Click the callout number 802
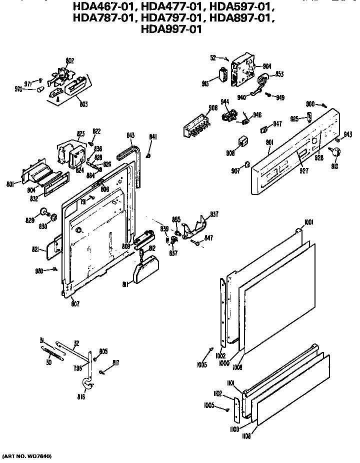(69, 60)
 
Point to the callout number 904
(267, 65)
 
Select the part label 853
(279, 74)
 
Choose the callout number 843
(130, 135)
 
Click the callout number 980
(39, 271)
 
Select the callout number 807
(74, 303)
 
